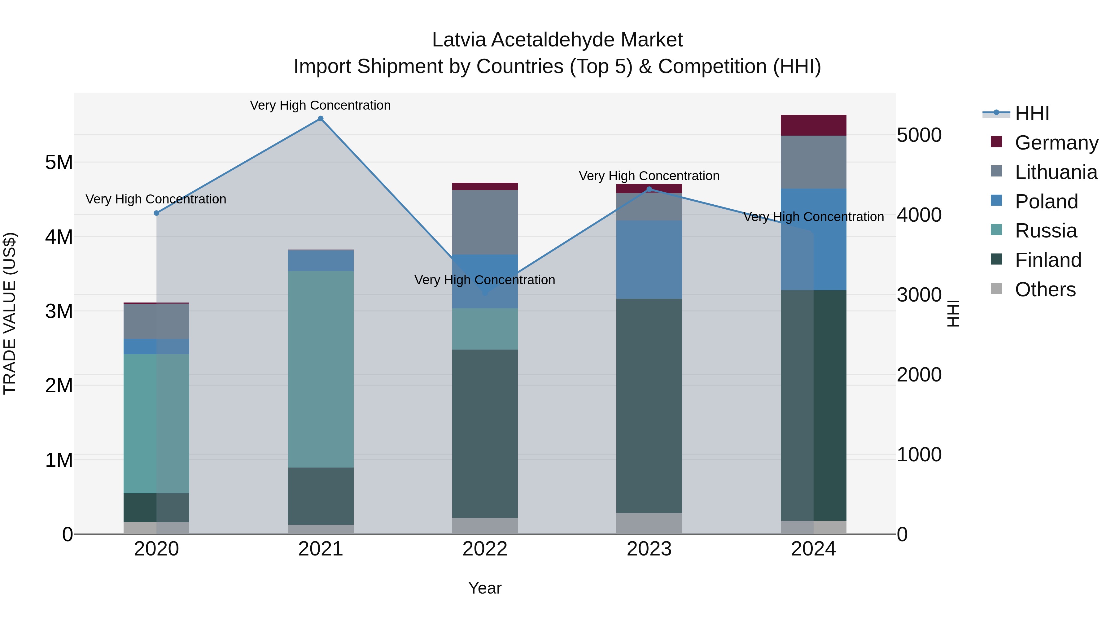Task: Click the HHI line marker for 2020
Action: tap(157, 213)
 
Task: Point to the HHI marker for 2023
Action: tap(649, 189)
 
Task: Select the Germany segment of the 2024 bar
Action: tap(813, 125)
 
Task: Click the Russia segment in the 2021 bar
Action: tap(321, 369)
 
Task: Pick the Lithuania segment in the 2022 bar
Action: tap(485, 222)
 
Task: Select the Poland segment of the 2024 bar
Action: tap(813, 239)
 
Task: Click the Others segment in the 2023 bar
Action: tap(649, 523)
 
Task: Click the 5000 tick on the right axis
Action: tap(919, 135)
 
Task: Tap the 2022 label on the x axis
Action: tap(485, 549)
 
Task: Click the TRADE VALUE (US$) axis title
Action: tap(10, 313)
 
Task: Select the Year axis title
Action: tap(485, 588)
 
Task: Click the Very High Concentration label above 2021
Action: tap(320, 106)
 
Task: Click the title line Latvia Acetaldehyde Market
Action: tap(557, 40)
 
